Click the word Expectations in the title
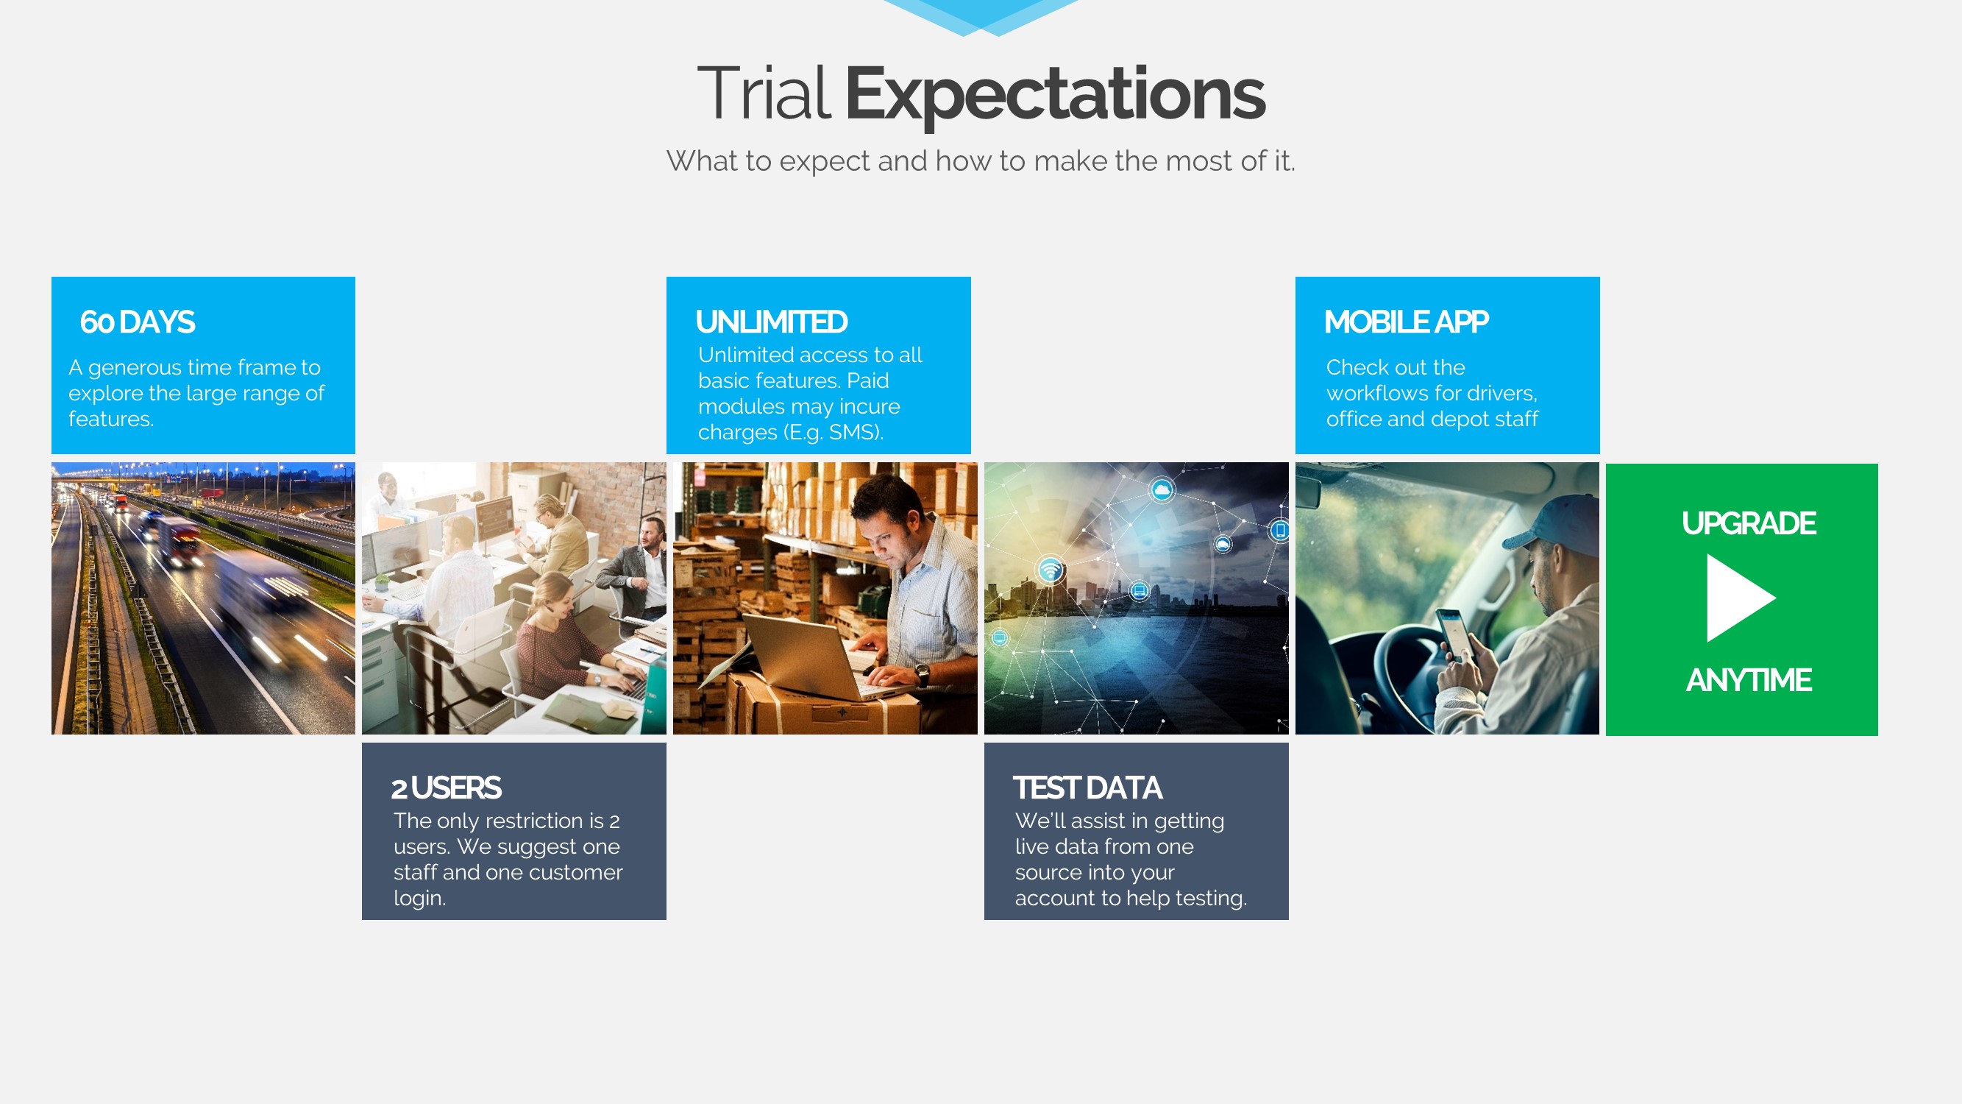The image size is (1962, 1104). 1055,95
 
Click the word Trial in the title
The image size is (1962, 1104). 763,93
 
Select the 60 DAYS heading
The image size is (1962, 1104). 138,322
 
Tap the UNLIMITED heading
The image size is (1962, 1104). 772,322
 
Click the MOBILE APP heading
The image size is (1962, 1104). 1406,322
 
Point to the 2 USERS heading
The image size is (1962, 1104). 447,788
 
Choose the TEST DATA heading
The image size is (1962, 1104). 1087,788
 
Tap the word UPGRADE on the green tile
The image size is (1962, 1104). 1749,523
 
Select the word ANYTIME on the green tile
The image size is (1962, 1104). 1749,680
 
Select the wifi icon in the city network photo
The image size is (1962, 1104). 1051,568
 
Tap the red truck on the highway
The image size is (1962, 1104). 179,542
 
